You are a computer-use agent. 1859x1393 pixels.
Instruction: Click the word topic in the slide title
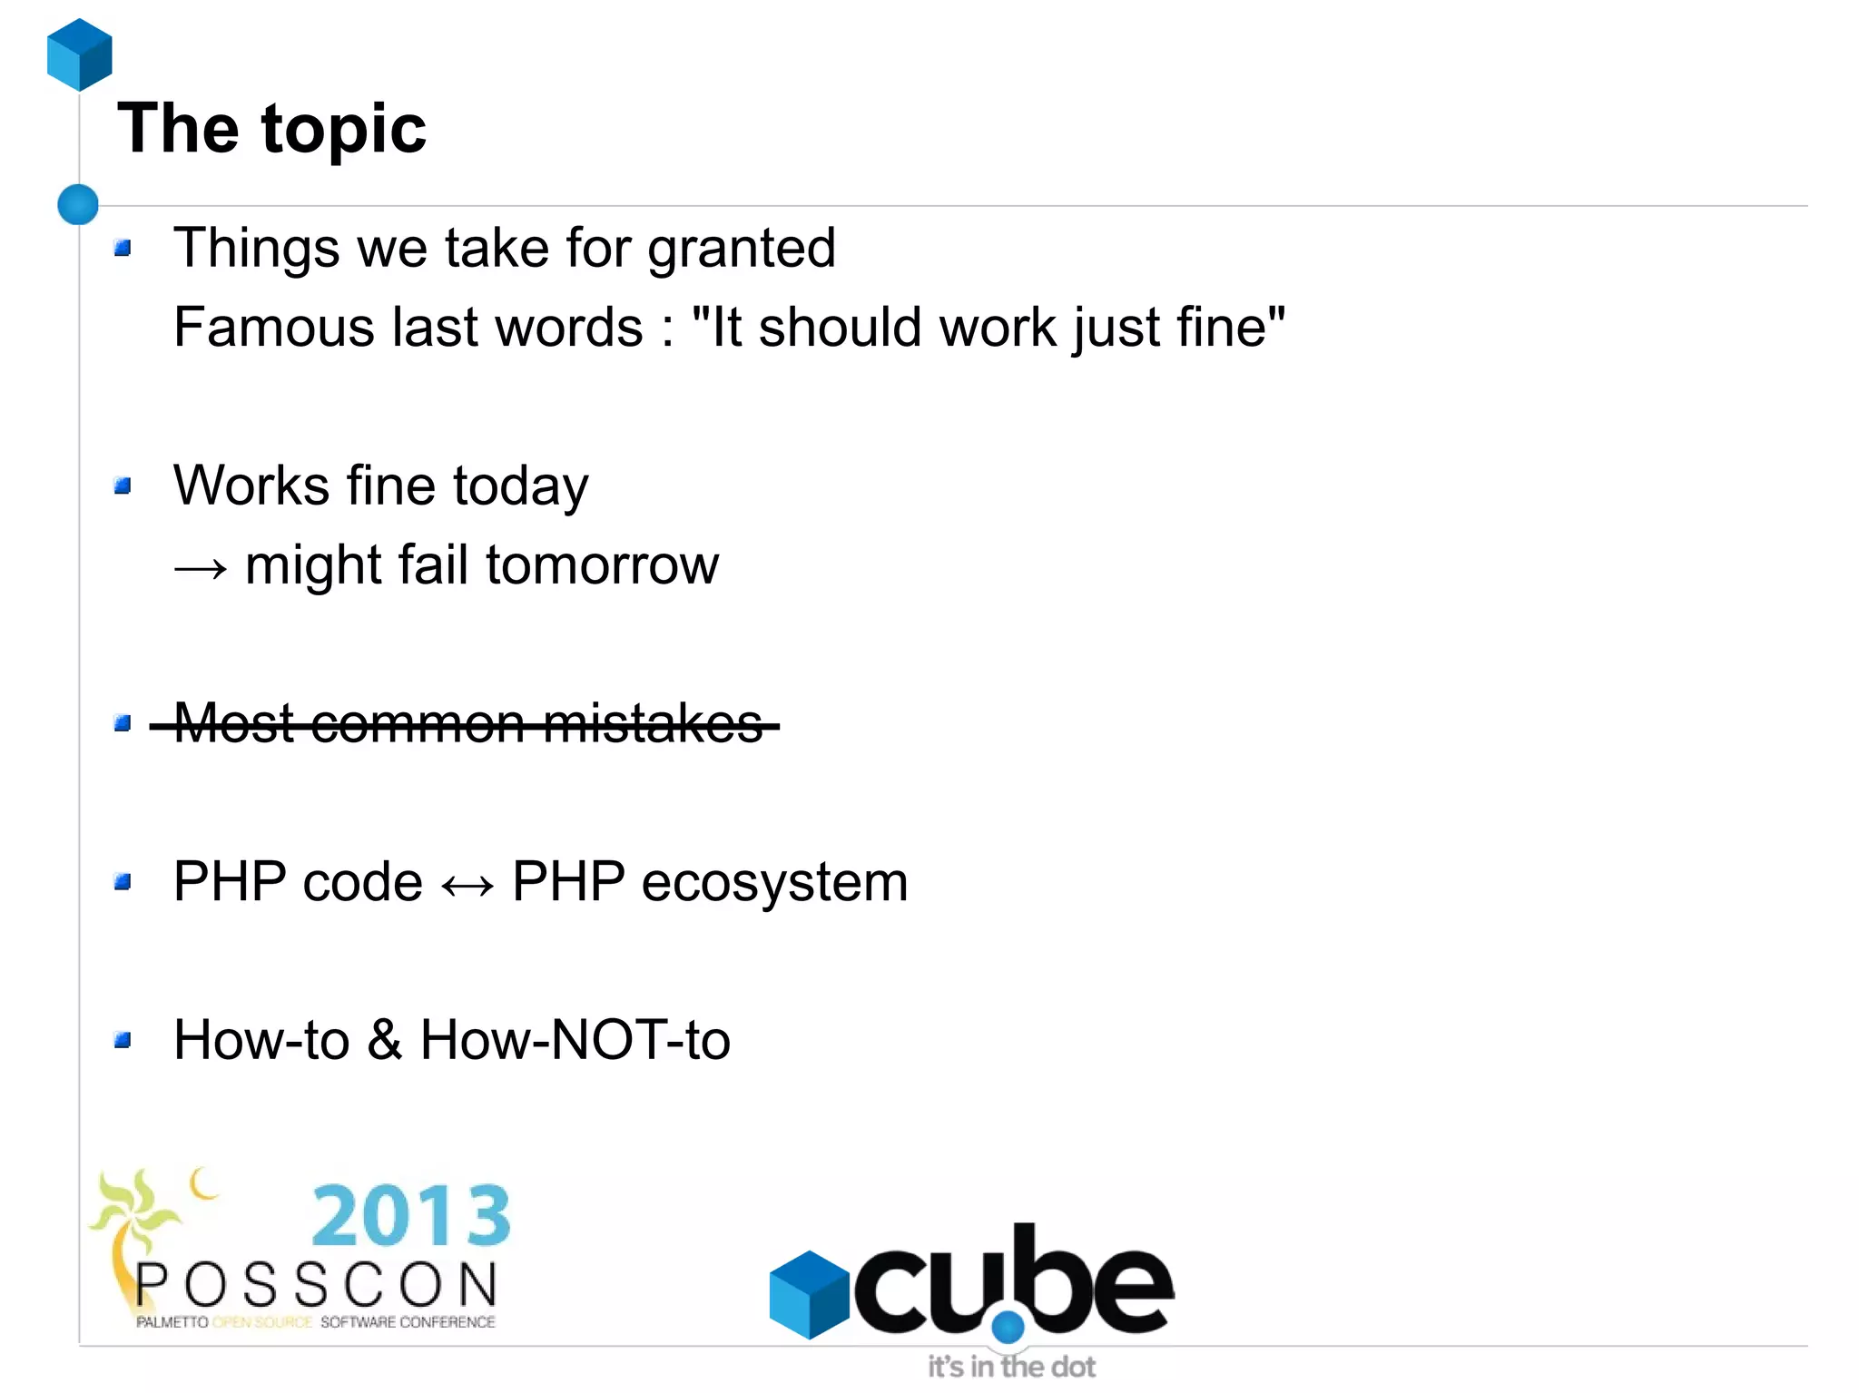[343, 130]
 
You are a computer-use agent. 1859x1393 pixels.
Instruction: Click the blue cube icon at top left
[80, 54]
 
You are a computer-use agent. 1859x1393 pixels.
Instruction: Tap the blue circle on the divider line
[78, 204]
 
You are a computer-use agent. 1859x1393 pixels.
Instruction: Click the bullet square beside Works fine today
[123, 486]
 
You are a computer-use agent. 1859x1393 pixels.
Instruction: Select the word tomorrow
[602, 565]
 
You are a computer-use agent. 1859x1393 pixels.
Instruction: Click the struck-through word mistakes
[654, 724]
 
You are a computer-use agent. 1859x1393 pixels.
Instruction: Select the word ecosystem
[773, 882]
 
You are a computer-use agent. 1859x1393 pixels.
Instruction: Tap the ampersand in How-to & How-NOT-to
[385, 1040]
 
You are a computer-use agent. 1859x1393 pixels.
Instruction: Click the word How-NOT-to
[575, 1040]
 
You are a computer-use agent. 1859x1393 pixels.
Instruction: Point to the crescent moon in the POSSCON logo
[203, 1183]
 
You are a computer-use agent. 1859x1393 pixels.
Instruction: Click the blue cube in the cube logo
[808, 1294]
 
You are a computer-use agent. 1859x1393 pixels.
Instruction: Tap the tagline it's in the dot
[1011, 1366]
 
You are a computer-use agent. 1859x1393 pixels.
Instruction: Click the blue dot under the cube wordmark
[1008, 1328]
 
